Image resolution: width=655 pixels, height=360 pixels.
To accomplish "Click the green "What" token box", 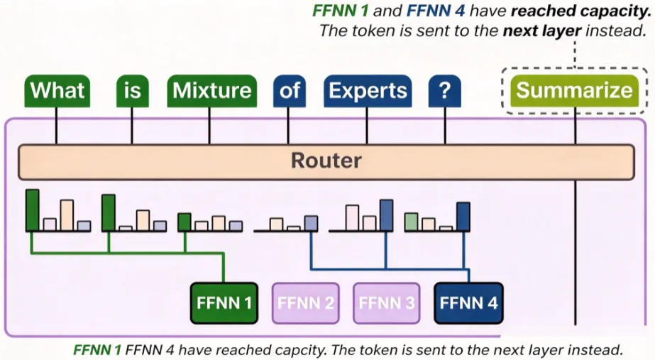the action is click(x=57, y=91).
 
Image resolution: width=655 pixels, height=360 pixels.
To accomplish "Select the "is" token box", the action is click(x=133, y=91).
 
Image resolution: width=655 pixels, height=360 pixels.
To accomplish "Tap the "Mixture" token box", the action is click(x=211, y=91).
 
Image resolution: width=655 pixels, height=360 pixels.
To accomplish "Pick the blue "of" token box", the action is click(x=290, y=91).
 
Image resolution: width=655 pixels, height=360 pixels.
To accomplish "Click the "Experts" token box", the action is click(x=368, y=91).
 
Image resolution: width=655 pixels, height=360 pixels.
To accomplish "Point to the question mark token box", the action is click(x=445, y=91).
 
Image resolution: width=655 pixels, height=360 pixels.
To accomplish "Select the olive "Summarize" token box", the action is click(x=574, y=91).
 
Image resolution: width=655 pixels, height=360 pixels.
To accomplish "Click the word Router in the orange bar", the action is click(x=326, y=160).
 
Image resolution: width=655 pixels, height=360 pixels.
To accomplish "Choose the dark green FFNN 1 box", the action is click(x=224, y=303).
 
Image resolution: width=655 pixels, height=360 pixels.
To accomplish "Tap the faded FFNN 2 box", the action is click(x=305, y=303).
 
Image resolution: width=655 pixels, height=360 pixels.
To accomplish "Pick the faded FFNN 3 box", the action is click(x=386, y=303).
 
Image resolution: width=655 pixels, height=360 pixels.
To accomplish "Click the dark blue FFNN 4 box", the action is click(x=468, y=303).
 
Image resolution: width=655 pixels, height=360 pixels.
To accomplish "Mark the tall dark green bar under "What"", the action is click(x=33, y=210).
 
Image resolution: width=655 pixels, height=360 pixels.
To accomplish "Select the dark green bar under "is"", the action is click(x=109, y=213).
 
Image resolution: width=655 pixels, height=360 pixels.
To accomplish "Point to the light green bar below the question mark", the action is click(x=411, y=222).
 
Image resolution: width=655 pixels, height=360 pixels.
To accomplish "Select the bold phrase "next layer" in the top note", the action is click(x=541, y=31).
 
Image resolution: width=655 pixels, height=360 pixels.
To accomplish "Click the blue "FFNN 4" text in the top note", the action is click(x=436, y=11).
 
